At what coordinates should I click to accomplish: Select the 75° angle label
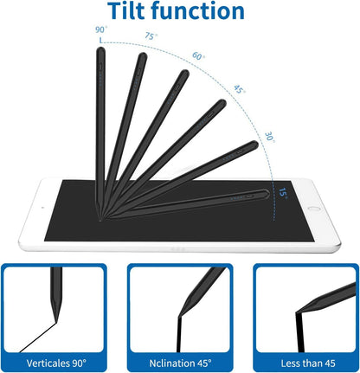click(x=151, y=37)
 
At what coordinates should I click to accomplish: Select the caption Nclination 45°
click(x=180, y=358)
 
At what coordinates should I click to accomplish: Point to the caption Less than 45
click(x=304, y=358)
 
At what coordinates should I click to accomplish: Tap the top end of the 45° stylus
click(x=222, y=105)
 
